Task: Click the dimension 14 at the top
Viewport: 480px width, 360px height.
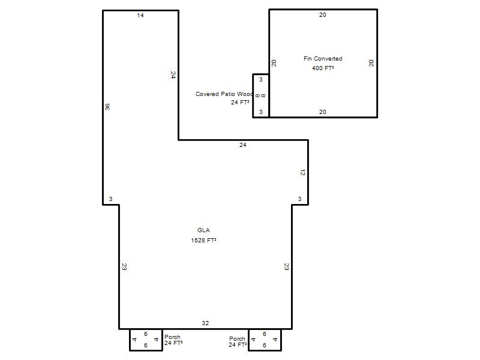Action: (x=140, y=16)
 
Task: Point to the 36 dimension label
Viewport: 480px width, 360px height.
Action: (x=107, y=107)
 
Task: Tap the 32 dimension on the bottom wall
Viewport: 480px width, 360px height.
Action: (x=205, y=323)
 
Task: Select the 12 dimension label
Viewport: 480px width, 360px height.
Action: (x=302, y=173)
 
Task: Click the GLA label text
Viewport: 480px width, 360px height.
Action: (x=203, y=230)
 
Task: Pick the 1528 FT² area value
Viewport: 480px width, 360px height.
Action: (x=203, y=241)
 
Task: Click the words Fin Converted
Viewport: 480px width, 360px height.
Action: (x=323, y=58)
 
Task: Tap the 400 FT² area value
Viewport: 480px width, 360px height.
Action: (x=323, y=68)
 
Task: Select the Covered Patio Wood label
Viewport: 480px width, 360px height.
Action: (x=224, y=94)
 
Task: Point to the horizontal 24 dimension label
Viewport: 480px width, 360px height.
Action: (x=243, y=145)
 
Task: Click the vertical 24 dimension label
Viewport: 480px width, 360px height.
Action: (x=173, y=75)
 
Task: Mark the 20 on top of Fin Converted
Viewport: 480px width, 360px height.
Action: (x=323, y=14)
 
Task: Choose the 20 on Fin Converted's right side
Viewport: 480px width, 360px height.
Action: (x=371, y=64)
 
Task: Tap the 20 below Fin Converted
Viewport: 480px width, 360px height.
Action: (x=323, y=112)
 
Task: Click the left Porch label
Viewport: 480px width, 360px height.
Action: (x=172, y=337)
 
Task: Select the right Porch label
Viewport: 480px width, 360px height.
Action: (x=237, y=339)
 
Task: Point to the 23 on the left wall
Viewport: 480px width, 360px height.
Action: (x=124, y=266)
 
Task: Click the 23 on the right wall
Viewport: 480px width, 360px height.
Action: (x=287, y=266)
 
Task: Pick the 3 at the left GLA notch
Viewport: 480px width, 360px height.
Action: (x=110, y=199)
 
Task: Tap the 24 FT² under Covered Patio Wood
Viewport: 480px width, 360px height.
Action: (x=240, y=102)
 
